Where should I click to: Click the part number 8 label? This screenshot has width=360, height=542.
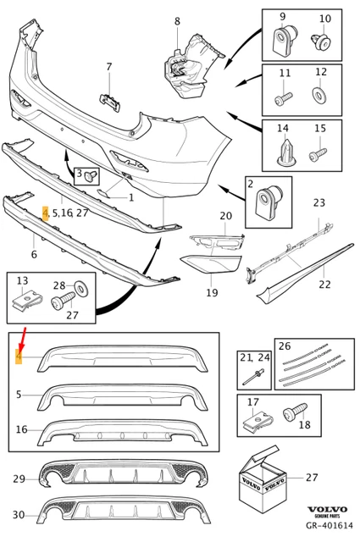click(x=176, y=21)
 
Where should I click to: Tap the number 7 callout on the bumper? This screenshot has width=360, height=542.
click(x=108, y=67)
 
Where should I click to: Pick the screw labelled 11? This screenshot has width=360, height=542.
click(x=283, y=99)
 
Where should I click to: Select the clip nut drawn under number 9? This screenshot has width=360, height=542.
click(x=282, y=38)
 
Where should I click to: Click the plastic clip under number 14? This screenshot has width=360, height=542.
click(x=283, y=152)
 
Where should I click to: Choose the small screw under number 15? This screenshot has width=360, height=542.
click(x=319, y=154)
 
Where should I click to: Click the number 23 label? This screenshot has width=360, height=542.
click(x=318, y=203)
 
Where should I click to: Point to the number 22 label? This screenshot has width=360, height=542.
click(x=324, y=284)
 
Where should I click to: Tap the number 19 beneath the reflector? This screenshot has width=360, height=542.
click(x=211, y=293)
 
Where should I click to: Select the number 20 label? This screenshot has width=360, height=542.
click(x=225, y=217)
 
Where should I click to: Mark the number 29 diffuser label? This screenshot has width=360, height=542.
click(x=19, y=479)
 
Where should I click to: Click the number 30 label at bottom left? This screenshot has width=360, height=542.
click(x=19, y=515)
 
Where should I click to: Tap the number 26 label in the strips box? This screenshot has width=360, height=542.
click(x=284, y=346)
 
